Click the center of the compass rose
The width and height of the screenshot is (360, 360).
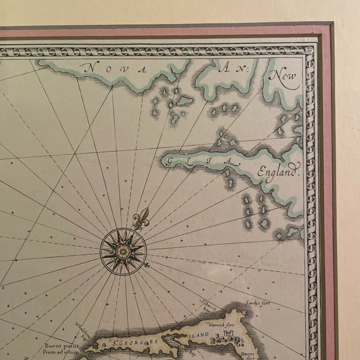click(x=123, y=250)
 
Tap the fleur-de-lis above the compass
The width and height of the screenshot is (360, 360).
click(x=141, y=218)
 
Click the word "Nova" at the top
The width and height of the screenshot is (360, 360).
click(x=113, y=69)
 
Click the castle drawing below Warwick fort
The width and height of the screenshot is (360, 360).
click(x=225, y=338)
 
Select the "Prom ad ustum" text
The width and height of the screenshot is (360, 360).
click(x=60, y=349)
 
